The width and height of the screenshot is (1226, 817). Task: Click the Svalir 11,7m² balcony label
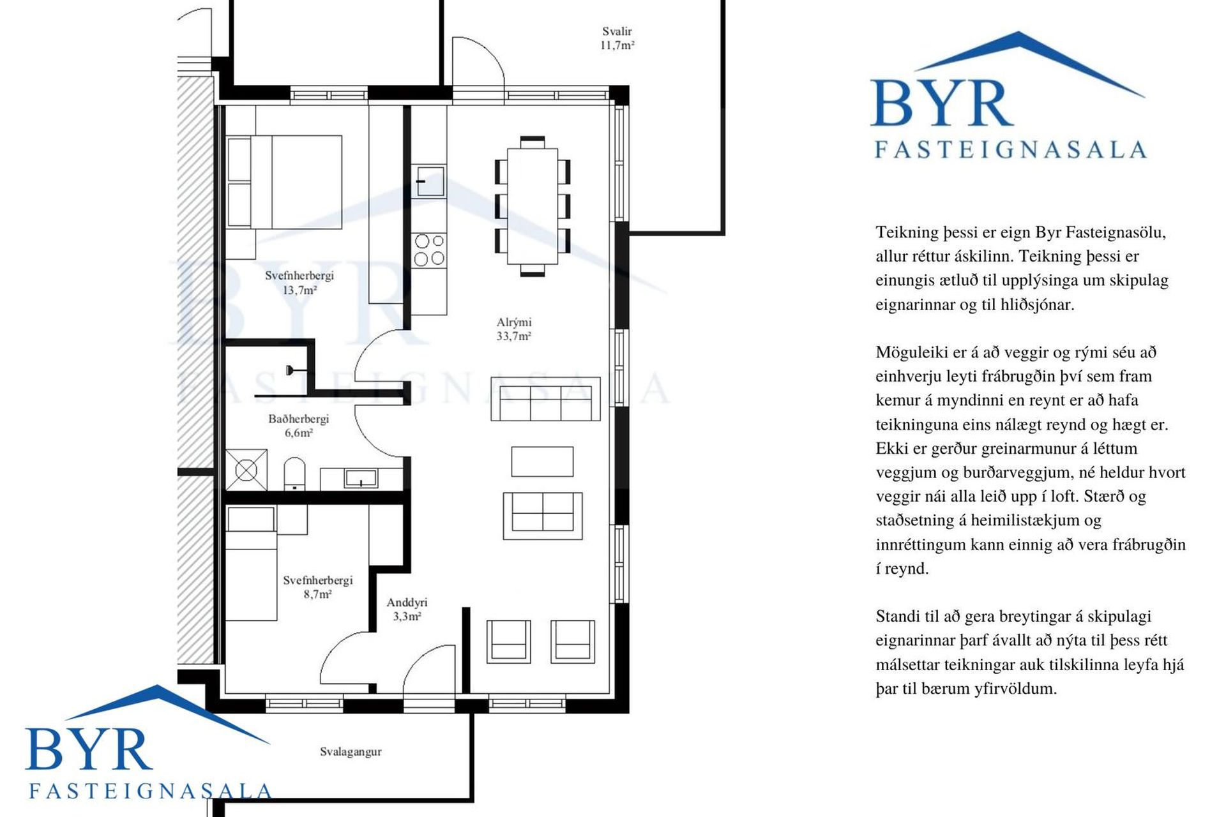coord(617,38)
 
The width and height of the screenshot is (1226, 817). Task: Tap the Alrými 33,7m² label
coord(514,329)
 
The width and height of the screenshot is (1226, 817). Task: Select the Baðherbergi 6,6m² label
coord(298,426)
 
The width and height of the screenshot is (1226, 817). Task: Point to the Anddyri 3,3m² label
coord(407,609)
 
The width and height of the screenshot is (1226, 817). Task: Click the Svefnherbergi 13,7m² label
coord(299,283)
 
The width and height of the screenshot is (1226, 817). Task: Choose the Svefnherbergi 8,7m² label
coord(317,587)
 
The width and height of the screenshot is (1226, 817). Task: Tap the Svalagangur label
coord(351,752)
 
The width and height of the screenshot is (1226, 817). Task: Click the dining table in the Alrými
coord(533,206)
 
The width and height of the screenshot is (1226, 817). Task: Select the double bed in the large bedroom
coord(284,182)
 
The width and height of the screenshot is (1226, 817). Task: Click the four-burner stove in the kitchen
coord(428,250)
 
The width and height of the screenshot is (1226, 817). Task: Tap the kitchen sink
coord(428,181)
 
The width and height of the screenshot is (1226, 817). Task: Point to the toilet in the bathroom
coord(294,474)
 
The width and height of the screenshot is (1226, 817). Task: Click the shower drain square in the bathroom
coord(246,470)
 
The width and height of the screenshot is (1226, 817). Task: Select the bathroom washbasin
coord(361,477)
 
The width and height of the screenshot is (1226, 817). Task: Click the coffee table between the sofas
coord(542,461)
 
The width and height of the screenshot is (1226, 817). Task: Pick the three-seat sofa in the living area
coord(545,399)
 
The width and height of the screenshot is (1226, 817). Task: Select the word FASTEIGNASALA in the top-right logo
coord(1010,149)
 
